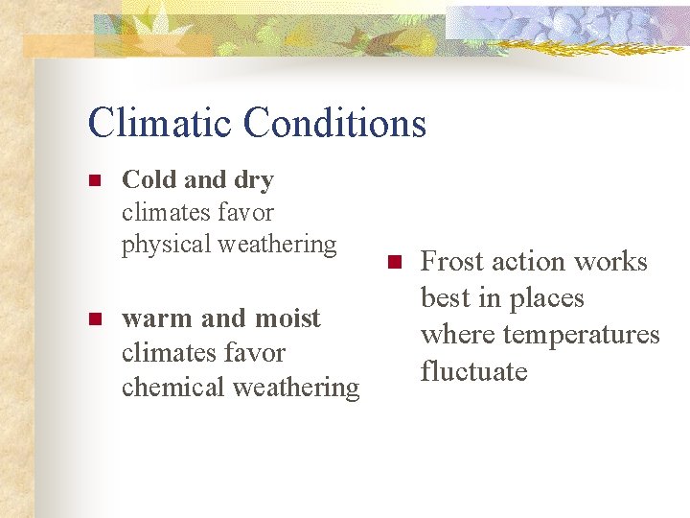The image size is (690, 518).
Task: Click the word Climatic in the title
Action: click(x=159, y=123)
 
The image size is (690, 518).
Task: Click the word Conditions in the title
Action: click(x=334, y=123)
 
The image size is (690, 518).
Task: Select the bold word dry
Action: click(x=253, y=180)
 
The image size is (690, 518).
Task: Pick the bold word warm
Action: click(x=154, y=318)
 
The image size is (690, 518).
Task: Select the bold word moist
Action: click(x=284, y=318)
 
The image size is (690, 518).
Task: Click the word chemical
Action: click(x=166, y=388)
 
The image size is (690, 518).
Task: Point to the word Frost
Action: click(x=452, y=262)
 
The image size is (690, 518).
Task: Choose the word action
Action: click(x=527, y=262)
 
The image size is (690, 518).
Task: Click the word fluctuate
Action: click(x=474, y=370)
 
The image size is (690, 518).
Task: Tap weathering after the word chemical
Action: click(x=301, y=388)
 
